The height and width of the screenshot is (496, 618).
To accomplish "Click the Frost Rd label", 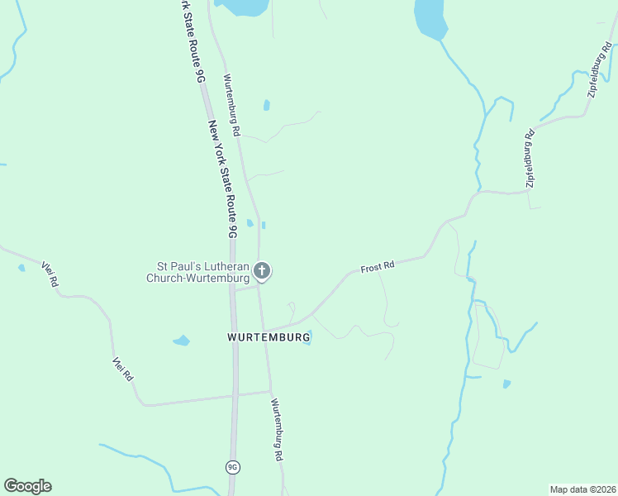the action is [378, 267].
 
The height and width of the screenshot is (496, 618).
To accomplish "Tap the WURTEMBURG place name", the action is [269, 337].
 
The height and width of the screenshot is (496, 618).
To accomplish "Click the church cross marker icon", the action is [262, 270].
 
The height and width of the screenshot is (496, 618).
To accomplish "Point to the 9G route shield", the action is [233, 467].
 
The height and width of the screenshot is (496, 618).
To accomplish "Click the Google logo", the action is [27, 486].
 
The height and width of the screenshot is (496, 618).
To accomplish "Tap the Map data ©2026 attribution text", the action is [582, 489].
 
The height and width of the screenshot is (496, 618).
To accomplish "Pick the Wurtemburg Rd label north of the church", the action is [231, 104].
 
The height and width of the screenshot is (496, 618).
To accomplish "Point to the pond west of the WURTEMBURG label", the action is [181, 341].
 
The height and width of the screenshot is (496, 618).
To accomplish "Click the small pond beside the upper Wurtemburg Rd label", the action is [266, 105].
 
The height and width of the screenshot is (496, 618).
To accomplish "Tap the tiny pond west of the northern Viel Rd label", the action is [21, 268].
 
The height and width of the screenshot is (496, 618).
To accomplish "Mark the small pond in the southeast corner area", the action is [506, 384].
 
